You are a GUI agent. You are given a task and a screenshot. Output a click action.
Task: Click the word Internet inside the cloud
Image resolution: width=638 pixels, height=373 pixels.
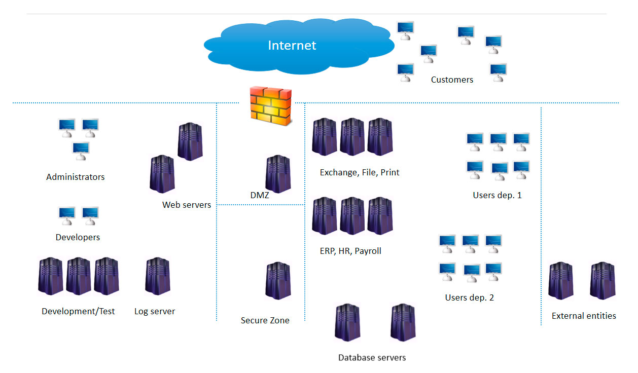click(x=292, y=46)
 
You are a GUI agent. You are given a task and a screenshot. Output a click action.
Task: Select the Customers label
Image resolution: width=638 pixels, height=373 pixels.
click(x=452, y=80)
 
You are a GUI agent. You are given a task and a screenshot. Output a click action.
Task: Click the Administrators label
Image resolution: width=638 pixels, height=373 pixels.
click(x=76, y=177)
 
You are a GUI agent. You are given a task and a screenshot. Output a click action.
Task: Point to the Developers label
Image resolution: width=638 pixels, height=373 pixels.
click(x=78, y=237)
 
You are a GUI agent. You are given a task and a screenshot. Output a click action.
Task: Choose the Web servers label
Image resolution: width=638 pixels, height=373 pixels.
click(x=187, y=205)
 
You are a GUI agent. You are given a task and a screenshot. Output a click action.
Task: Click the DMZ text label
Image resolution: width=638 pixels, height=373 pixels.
click(x=260, y=195)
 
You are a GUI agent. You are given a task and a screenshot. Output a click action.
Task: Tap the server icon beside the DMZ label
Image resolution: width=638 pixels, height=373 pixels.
click(x=278, y=174)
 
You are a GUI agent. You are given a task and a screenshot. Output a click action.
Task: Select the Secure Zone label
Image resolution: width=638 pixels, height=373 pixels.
click(x=265, y=320)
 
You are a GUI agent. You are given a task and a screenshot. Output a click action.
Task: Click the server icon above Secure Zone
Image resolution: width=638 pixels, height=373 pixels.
click(x=278, y=280)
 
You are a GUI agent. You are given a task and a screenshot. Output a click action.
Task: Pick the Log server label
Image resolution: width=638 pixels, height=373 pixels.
click(x=155, y=311)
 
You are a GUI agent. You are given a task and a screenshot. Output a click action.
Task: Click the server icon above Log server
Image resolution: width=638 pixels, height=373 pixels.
click(x=157, y=276)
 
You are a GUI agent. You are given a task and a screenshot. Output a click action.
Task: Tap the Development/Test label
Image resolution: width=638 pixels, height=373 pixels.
click(x=78, y=311)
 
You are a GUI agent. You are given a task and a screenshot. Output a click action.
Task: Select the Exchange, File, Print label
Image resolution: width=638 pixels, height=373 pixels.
click(x=360, y=172)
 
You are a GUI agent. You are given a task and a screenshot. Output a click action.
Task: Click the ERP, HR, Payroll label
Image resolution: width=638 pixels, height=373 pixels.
click(x=350, y=251)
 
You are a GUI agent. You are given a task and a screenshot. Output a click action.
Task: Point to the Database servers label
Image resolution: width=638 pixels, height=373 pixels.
click(x=372, y=358)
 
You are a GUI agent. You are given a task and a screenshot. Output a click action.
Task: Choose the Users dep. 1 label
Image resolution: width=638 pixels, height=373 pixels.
click(x=497, y=195)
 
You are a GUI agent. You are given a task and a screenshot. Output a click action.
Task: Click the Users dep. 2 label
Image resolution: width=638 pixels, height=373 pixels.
click(x=469, y=297)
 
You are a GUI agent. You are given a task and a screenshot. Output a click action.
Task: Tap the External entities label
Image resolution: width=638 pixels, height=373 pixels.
click(x=584, y=316)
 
